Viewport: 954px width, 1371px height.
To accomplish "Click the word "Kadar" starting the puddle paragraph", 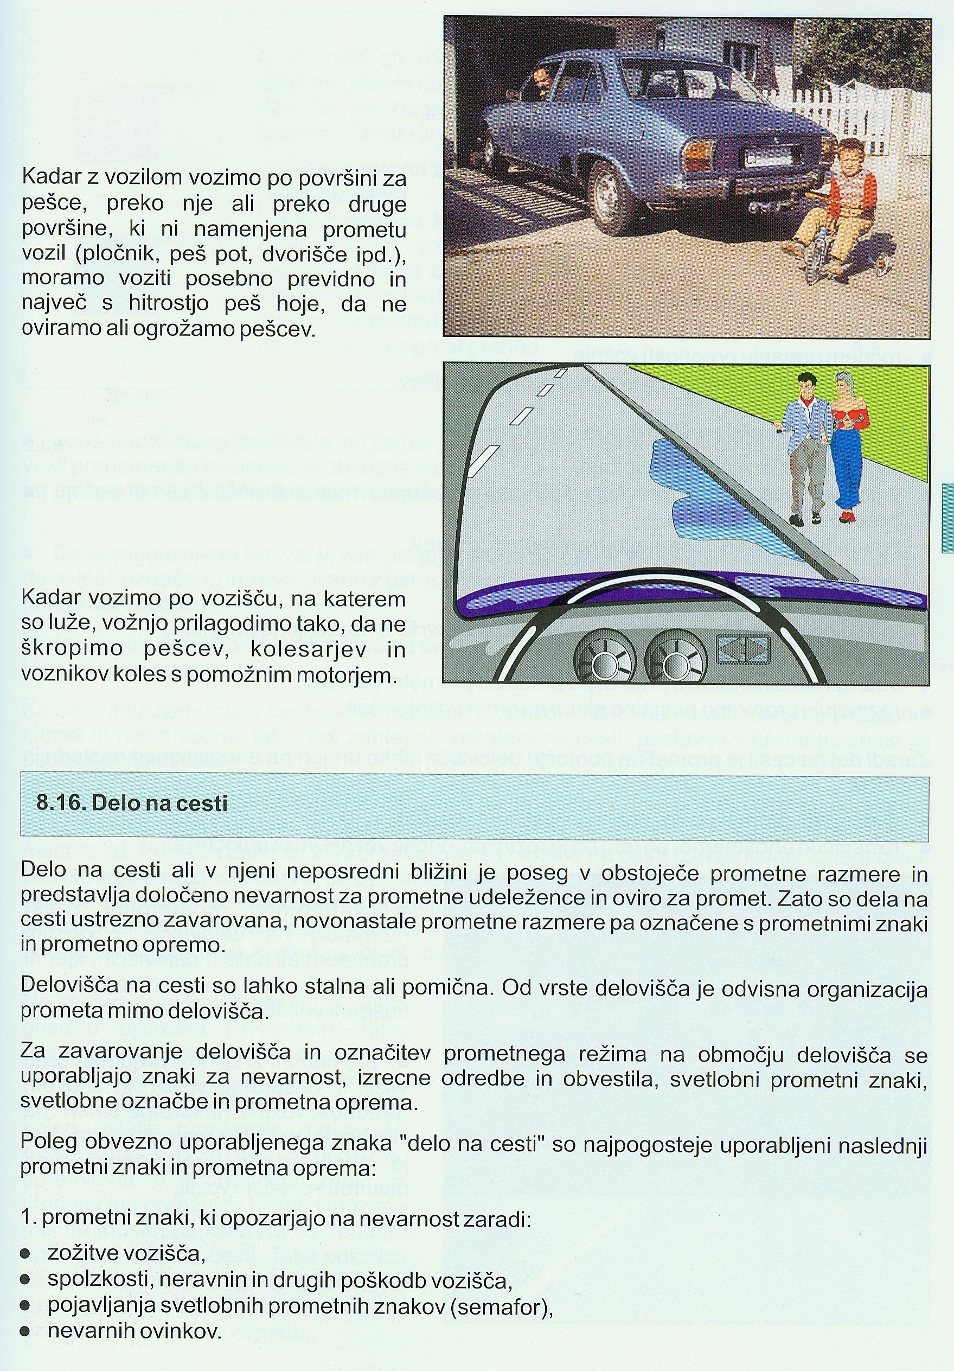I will pos(50,599).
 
